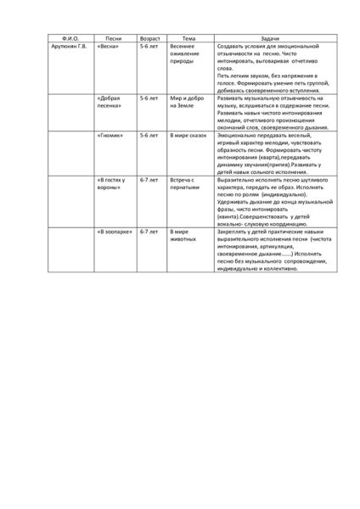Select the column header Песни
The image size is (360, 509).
point(114,38)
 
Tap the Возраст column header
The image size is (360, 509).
point(151,38)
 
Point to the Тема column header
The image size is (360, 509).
point(188,38)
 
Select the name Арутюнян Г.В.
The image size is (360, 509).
point(70,47)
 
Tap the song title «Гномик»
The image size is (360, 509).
point(110,135)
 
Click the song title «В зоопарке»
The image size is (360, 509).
point(115,231)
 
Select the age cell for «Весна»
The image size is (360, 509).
point(149,47)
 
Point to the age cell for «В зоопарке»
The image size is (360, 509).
point(149,231)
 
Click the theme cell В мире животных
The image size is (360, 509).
point(184,235)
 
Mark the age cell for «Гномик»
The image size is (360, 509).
point(149,135)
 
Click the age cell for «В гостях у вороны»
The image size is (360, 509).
point(149,180)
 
